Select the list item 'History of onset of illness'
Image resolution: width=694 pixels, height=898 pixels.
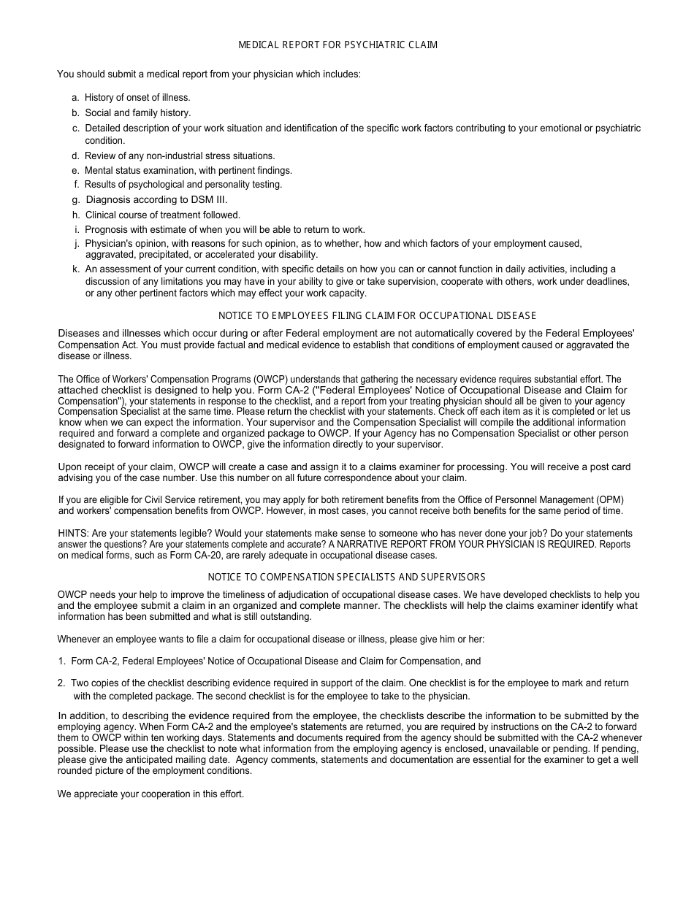tap(137, 98)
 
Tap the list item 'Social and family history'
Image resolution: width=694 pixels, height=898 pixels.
tap(137, 113)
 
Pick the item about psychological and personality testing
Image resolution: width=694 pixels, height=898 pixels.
tap(183, 185)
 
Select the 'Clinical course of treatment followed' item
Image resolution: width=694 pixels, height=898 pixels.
tap(162, 215)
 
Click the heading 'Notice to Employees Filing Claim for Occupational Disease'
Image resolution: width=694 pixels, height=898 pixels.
tap(377, 316)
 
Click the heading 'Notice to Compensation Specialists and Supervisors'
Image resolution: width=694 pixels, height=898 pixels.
tap(346, 577)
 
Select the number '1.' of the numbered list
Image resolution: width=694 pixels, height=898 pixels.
tap(62, 661)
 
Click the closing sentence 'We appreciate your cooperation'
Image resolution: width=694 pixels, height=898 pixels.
tap(150, 794)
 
